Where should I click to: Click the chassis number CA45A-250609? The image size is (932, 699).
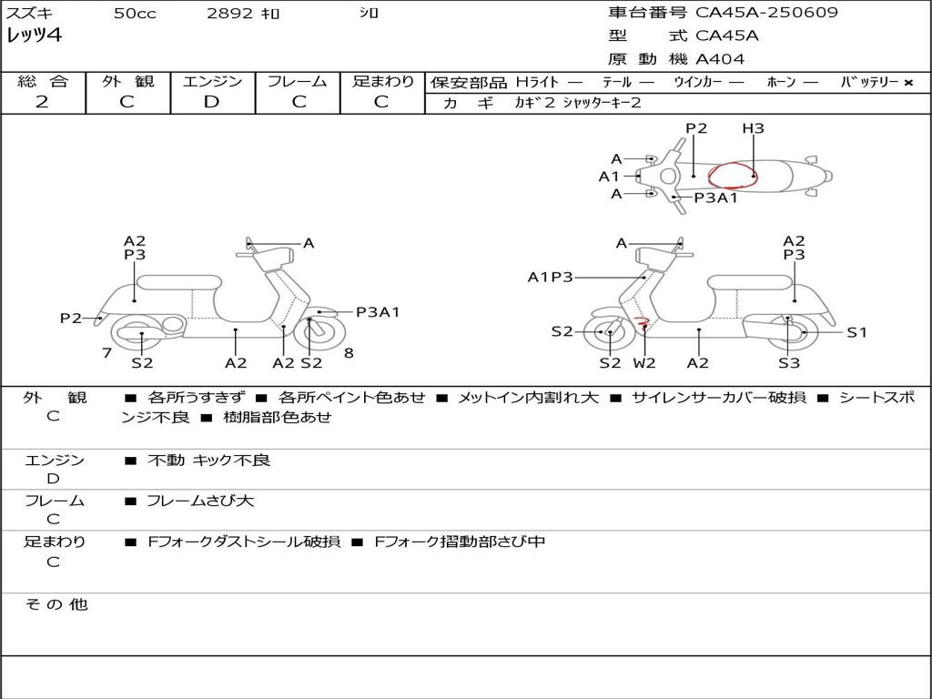pos(766,13)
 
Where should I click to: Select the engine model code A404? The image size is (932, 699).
pos(720,59)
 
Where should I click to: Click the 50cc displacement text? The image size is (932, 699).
pos(134,14)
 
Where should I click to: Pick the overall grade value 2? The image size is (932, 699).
pos(42,102)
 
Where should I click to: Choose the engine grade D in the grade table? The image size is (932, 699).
pos(212,102)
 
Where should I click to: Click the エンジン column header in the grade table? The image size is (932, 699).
pos(212,82)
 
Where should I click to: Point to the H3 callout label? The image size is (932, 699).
pos(753,128)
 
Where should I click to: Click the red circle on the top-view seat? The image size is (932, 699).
pos(733,175)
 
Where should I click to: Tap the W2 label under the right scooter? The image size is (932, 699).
pos(644,363)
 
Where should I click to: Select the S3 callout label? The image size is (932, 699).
pos(788,363)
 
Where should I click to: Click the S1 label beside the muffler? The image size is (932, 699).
pos(856,332)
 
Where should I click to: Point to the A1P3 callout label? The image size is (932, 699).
pos(551,277)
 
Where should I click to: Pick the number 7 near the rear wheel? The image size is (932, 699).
pos(107,353)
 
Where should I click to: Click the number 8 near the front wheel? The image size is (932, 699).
pos(349,353)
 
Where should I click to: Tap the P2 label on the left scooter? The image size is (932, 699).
pos(70,318)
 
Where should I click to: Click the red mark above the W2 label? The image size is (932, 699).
pos(642,320)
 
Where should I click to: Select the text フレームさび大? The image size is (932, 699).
pos(200,501)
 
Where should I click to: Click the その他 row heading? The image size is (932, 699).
pos(56,604)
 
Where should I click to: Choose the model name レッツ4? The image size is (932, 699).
pos(34,35)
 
